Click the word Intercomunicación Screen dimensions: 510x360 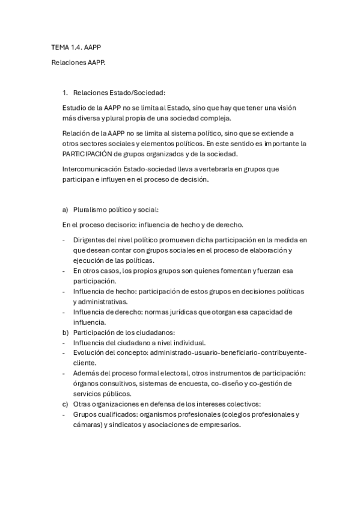tap(91, 169)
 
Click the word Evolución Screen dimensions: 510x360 tap(90, 353)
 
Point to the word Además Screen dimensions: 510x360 tap(87, 373)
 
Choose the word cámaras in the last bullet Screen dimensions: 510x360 tap(87, 425)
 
